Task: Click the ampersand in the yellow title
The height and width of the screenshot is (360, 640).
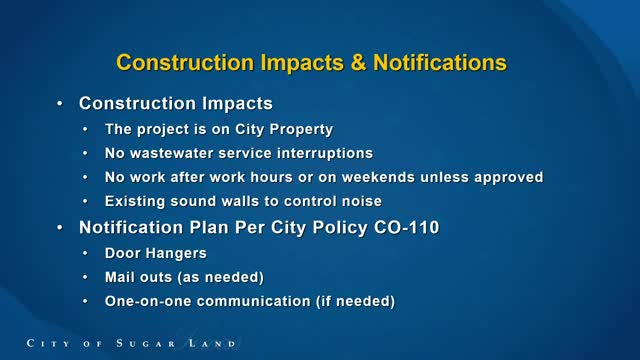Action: [x=358, y=62]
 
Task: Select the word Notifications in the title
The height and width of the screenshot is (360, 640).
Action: [x=440, y=62]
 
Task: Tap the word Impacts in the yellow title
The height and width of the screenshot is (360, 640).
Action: [x=302, y=63]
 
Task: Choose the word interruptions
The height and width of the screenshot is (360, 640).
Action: [x=325, y=153]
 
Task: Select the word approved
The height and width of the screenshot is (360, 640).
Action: [x=509, y=178]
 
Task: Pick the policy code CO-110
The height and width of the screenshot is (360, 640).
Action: [x=407, y=227]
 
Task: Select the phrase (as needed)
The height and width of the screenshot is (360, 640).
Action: [x=221, y=278]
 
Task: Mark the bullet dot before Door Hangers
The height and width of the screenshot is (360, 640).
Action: [x=85, y=253]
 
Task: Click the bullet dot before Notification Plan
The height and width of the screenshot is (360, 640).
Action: [x=60, y=227]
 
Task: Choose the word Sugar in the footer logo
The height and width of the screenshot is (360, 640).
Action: [x=145, y=343]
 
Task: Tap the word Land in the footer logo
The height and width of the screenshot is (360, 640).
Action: [x=212, y=343]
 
